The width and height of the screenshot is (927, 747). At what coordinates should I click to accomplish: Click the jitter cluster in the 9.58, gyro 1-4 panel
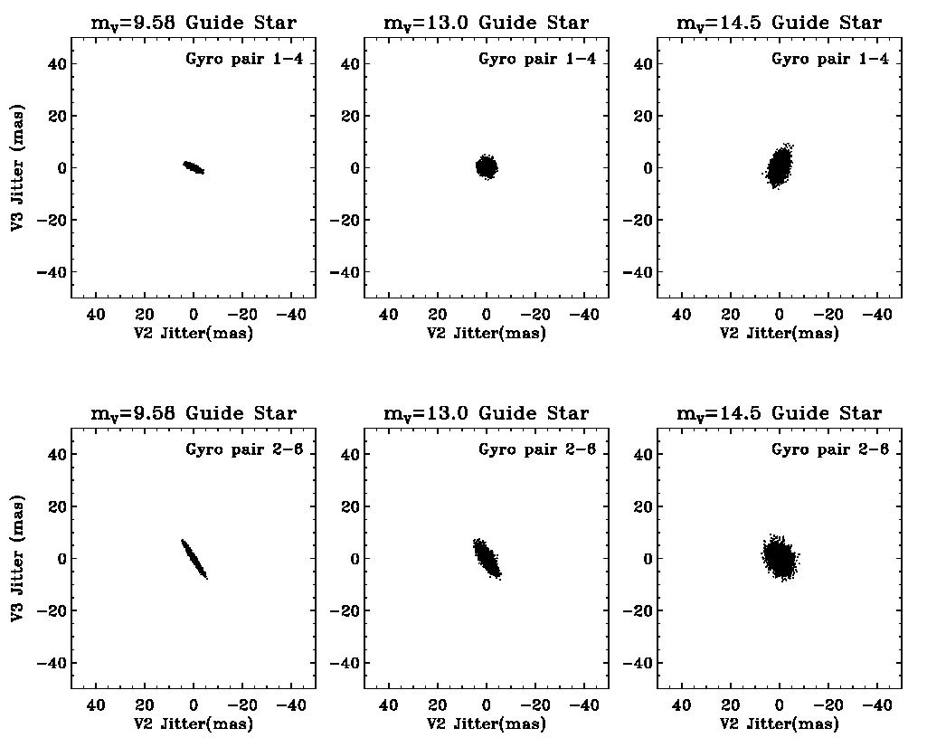pyautogui.click(x=194, y=167)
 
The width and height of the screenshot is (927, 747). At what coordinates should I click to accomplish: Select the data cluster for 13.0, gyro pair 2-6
pyautogui.click(x=487, y=558)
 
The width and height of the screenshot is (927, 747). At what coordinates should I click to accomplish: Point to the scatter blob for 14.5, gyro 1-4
pyautogui.click(x=780, y=166)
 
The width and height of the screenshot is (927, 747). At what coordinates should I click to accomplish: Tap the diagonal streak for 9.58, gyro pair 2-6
pyautogui.click(x=194, y=558)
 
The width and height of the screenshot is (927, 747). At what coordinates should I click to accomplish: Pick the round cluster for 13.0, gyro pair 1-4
pyautogui.click(x=487, y=166)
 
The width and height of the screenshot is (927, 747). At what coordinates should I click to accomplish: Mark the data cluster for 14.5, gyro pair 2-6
pyautogui.click(x=779, y=558)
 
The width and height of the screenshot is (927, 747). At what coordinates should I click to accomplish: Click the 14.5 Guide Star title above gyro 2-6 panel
pyautogui.click(x=779, y=414)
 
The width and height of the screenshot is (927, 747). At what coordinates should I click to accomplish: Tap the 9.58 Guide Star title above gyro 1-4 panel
pyautogui.click(x=194, y=24)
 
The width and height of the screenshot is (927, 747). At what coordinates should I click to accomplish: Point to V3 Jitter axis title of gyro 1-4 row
pyautogui.click(x=18, y=167)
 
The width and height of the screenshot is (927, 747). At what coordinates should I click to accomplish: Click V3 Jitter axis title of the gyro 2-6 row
pyautogui.click(x=18, y=558)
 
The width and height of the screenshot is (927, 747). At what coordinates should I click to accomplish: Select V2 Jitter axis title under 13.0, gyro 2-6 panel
pyautogui.click(x=487, y=723)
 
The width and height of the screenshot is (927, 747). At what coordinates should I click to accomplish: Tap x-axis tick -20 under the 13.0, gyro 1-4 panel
pyautogui.click(x=535, y=315)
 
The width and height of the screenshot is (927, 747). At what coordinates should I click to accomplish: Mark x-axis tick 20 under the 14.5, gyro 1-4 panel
pyautogui.click(x=731, y=315)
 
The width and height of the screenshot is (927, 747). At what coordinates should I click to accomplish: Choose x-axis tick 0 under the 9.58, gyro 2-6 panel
pyautogui.click(x=194, y=705)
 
